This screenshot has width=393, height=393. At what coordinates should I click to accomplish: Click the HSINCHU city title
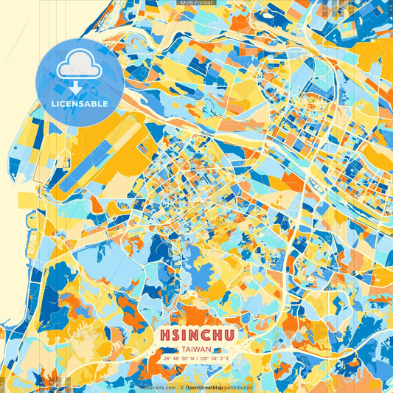196,335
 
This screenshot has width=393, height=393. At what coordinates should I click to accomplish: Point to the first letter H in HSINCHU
164,335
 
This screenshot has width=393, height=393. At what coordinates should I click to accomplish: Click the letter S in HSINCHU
175,335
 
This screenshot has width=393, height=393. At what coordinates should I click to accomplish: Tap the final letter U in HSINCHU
229,335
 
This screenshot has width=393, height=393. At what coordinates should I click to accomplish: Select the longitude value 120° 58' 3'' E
215,358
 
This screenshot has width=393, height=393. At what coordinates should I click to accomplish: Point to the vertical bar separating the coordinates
197,358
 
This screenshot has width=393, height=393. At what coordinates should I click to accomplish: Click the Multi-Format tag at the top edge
196,3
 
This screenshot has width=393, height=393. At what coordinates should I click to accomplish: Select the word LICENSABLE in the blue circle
79,104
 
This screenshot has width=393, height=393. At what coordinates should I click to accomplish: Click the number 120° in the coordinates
205,358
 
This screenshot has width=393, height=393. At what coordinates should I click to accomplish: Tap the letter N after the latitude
192,358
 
